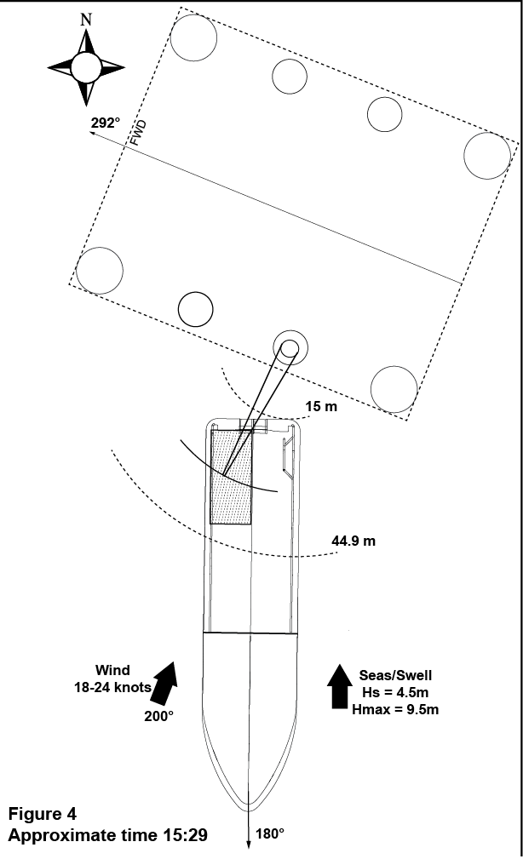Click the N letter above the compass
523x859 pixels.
tap(85, 19)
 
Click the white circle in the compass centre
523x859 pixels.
tap(85, 66)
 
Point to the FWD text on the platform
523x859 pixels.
tap(139, 134)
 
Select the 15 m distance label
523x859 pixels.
tap(320, 407)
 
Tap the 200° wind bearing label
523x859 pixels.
tap(158, 716)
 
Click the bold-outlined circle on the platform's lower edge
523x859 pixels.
tap(195, 308)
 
